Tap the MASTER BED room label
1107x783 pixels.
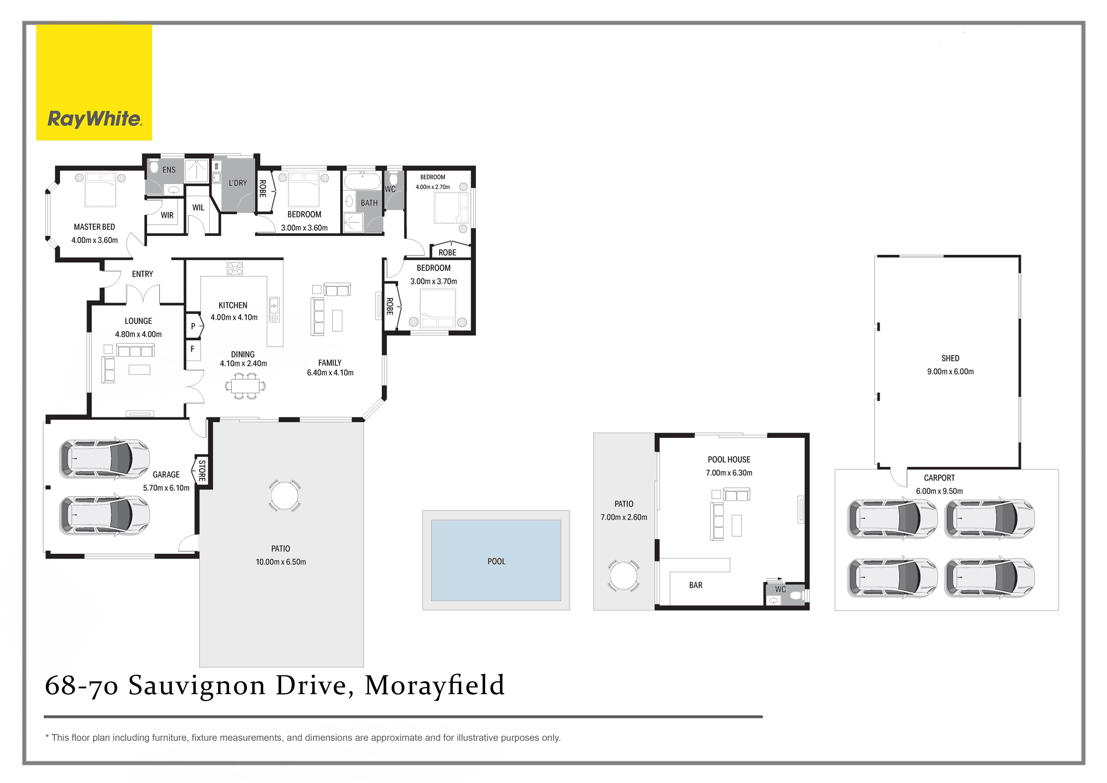pos(95,227)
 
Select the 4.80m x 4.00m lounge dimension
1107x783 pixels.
pos(138,334)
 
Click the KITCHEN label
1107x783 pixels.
pos(233,305)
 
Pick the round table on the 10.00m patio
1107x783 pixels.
pos(285,495)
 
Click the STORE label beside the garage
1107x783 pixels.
pos(202,471)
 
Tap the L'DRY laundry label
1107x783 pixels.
pos(238,183)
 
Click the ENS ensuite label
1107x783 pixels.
pos(169,170)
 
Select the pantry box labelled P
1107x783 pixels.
pos(193,326)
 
